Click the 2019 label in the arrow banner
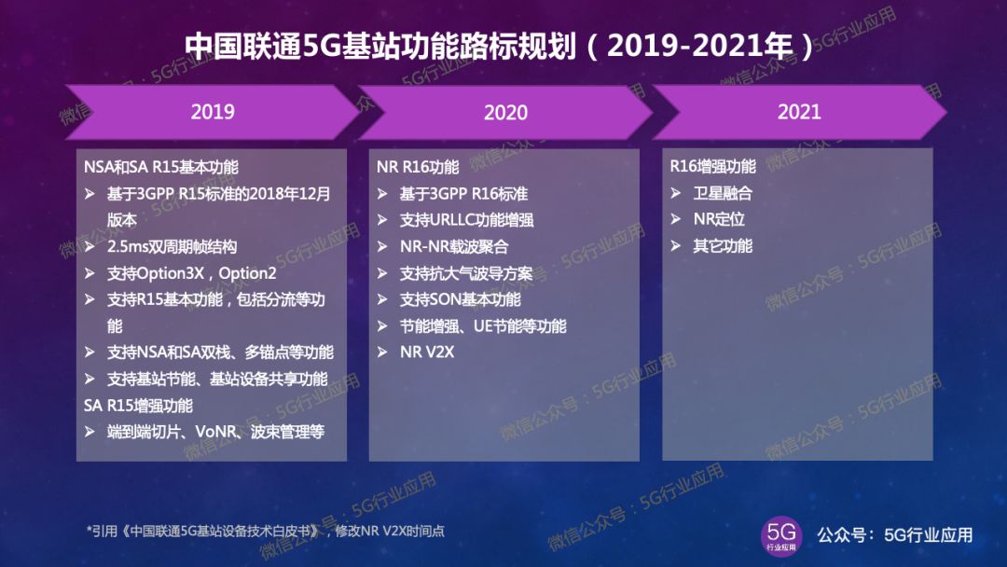(213, 112)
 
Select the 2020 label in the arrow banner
(505, 112)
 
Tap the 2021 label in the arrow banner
(799, 112)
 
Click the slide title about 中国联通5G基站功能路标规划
(499, 46)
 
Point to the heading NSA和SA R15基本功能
(161, 167)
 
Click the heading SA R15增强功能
(138, 405)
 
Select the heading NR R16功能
(418, 167)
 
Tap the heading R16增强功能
(713, 166)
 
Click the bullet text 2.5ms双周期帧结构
(172, 246)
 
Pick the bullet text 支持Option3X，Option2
(191, 273)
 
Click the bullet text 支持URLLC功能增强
(467, 220)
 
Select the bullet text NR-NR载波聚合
(454, 246)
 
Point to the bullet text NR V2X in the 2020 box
(427, 352)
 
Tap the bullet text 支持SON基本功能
(461, 299)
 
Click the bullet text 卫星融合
(723, 193)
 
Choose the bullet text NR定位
(719, 219)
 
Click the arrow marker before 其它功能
(676, 245)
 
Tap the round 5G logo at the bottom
(781, 535)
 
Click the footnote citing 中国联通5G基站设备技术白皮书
(265, 531)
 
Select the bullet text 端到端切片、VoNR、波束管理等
(215, 432)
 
